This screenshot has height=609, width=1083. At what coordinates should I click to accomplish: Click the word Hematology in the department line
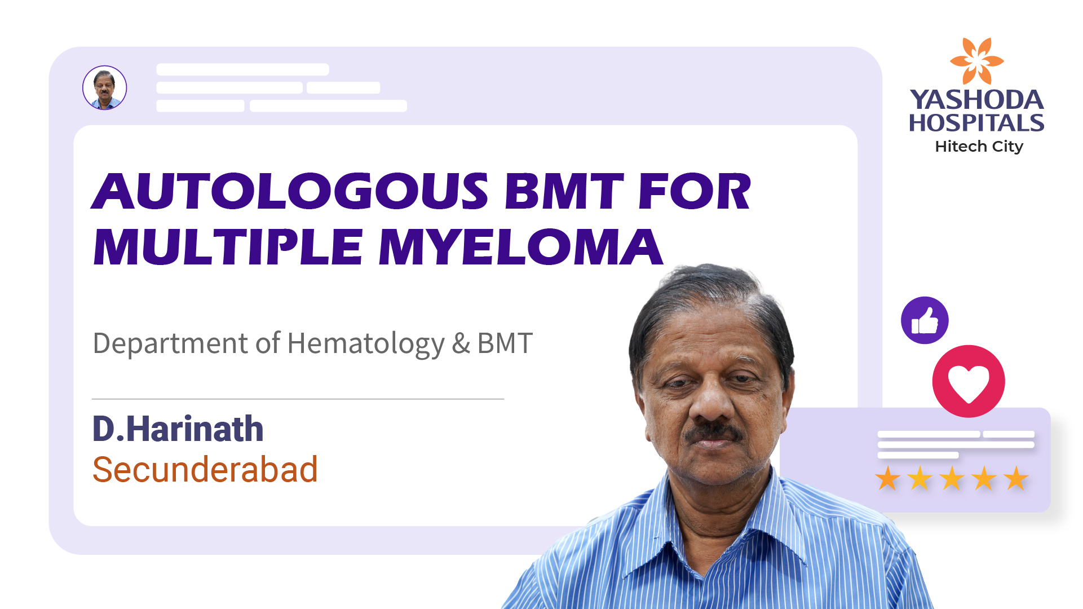coord(366,343)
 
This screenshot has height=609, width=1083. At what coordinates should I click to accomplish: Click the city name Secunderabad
coord(205,469)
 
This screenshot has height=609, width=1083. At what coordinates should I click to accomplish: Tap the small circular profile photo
coord(105,87)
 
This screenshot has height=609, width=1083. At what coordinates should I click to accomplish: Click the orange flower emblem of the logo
coord(976,61)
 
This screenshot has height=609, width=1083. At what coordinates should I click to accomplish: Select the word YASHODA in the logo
coord(976,100)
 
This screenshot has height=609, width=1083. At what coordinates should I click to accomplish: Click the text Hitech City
coord(979,147)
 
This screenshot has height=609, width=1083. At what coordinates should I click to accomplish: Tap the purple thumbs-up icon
coord(925,320)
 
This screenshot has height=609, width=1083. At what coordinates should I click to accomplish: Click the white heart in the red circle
coord(969,383)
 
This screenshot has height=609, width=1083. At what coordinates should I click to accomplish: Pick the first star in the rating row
coord(887,478)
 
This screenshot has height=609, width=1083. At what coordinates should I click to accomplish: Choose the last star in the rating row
coord(1016,478)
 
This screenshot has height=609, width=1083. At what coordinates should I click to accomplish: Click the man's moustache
coord(713,431)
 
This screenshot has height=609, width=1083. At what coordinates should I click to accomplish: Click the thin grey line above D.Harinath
coord(298,399)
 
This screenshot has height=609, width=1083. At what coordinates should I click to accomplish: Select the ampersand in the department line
coord(461,343)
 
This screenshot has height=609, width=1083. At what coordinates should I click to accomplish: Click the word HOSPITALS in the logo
coord(976,123)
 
